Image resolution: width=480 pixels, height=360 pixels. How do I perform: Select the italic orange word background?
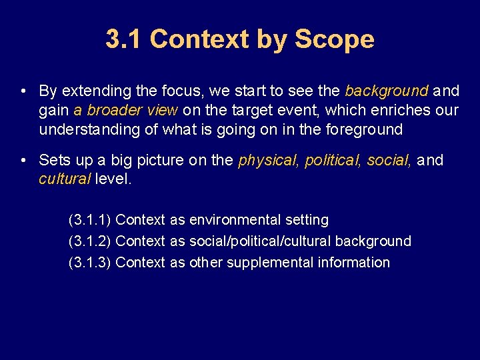[x=387, y=91]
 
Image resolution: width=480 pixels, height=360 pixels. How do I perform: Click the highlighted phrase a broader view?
[x=125, y=110]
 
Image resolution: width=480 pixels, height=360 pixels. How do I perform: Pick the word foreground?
[x=364, y=129]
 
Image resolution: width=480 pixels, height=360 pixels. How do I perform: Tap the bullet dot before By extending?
[x=23, y=91]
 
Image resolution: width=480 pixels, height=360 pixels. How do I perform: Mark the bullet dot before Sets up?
[x=23, y=161]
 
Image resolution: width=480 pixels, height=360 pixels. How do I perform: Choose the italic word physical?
[x=269, y=161]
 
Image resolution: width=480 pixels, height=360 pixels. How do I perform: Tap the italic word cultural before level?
[x=65, y=179]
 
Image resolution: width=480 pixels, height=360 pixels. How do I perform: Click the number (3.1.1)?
[x=90, y=220]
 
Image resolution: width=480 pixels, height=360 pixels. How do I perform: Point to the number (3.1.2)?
[x=90, y=241]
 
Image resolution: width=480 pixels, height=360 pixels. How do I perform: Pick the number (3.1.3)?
[x=90, y=263]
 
